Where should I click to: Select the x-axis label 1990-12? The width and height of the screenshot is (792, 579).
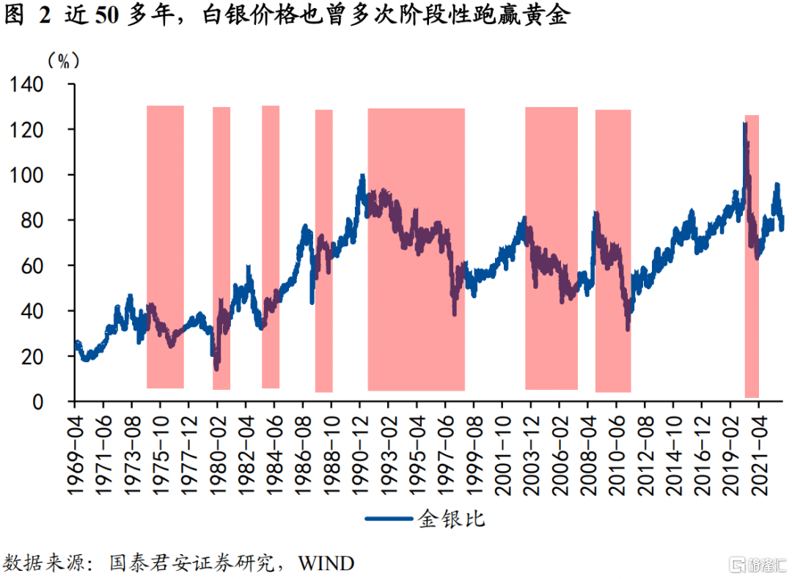click(x=359, y=447)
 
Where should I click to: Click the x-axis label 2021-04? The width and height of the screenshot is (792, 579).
click(x=758, y=447)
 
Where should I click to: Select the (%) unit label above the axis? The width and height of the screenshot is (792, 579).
click(x=63, y=59)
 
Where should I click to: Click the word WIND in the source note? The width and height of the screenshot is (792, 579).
click(x=326, y=563)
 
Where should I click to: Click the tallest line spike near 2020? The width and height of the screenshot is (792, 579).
click(x=745, y=125)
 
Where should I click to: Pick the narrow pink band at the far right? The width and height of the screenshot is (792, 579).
click(x=752, y=257)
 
